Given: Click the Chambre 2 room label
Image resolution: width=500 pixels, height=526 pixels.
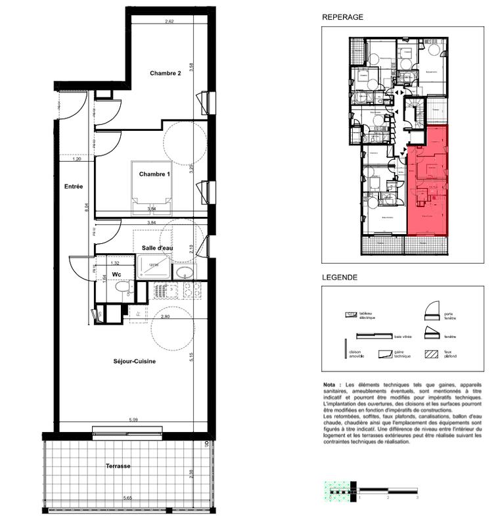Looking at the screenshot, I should [x=165, y=73].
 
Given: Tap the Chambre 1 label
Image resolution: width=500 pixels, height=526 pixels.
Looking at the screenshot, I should [x=154, y=174].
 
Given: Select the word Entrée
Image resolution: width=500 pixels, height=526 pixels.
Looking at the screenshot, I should [x=74, y=187].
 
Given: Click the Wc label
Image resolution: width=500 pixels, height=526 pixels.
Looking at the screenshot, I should [x=116, y=274].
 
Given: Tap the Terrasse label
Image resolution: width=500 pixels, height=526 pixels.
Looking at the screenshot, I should [x=118, y=466].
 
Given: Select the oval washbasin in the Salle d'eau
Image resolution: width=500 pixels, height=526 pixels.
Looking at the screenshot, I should [x=185, y=273].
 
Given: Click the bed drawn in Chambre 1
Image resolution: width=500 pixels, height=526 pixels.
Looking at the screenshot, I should [x=152, y=187].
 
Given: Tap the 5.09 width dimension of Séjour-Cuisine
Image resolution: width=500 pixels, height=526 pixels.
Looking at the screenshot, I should [x=133, y=419].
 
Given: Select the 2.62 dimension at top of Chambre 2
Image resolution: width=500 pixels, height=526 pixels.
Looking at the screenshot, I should [x=169, y=22].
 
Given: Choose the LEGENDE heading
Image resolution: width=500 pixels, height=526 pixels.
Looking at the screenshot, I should [x=340, y=277].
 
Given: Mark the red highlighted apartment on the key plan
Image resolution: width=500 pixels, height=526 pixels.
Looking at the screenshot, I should [x=429, y=184].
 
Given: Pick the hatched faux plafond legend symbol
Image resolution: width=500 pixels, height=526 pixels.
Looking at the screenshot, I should [x=432, y=353].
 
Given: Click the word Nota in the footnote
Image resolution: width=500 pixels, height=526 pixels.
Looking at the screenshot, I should [x=329, y=385].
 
